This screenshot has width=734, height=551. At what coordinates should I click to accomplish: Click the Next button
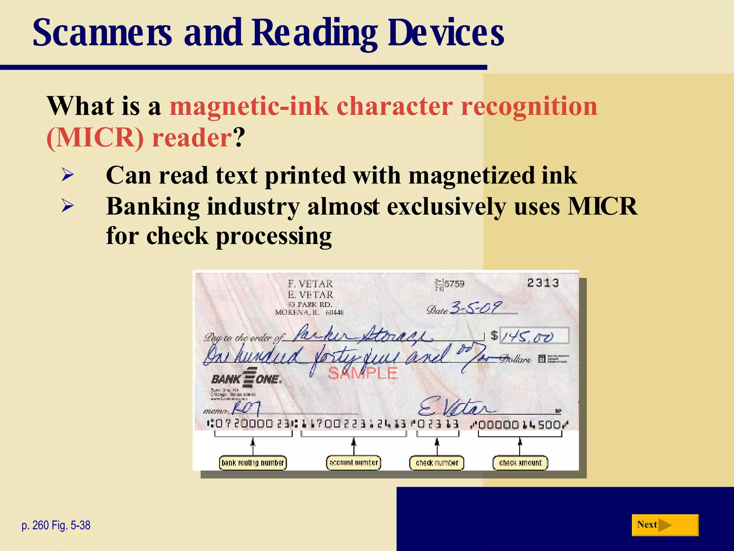click(665, 525)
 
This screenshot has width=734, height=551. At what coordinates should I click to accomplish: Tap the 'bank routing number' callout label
click(253, 463)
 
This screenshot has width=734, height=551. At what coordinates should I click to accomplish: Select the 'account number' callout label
click(353, 463)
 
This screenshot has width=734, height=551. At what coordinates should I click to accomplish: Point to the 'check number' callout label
click(437, 463)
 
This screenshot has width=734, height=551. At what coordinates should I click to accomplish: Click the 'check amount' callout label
click(520, 463)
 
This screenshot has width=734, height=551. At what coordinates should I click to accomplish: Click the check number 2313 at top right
click(543, 283)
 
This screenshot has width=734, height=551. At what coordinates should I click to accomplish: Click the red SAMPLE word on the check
click(363, 373)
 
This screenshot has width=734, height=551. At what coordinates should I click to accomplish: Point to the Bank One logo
click(247, 378)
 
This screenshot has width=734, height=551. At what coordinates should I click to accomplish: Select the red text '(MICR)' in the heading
click(95, 138)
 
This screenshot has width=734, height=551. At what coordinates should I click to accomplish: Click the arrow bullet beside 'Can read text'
click(67, 175)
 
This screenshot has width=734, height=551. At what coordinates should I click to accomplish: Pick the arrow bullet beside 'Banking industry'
click(67, 206)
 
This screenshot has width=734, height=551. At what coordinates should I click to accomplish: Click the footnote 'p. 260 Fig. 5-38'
click(56, 526)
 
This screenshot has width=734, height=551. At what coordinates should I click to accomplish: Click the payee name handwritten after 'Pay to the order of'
click(362, 335)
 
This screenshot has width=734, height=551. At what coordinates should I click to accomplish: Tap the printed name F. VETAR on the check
click(310, 284)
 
